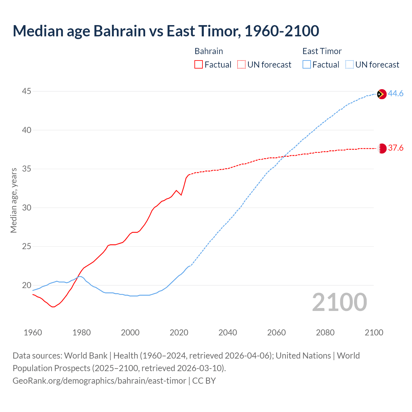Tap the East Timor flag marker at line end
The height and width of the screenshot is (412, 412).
pos(381,94)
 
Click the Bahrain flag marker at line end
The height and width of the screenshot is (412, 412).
pos(382,148)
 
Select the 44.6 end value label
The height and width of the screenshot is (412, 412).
pos(396,94)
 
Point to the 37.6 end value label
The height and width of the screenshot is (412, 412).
pos(396,148)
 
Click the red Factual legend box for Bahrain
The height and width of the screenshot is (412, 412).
pos(199,65)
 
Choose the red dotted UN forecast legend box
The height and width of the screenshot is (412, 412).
pos(241,65)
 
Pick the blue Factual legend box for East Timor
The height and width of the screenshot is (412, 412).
pos(306,65)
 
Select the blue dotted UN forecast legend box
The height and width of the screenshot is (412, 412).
pos(349,65)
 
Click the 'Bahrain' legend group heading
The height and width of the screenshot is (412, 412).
pos(209,51)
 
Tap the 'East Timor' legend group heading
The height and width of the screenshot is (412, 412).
pos(322,51)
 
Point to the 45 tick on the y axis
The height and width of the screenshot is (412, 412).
pos(26,91)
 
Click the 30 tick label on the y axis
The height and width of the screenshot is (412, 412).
pos(26,208)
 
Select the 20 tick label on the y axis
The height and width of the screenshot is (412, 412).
pos(26,286)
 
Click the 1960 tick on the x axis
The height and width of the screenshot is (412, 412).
pos(33,332)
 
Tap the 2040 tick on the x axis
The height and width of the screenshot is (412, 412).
pos(228,332)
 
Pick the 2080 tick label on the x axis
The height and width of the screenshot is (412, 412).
pos(325,332)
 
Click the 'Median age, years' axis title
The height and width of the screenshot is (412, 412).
pos(14,200)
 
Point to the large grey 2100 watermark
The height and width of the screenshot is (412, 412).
pos(339,302)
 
